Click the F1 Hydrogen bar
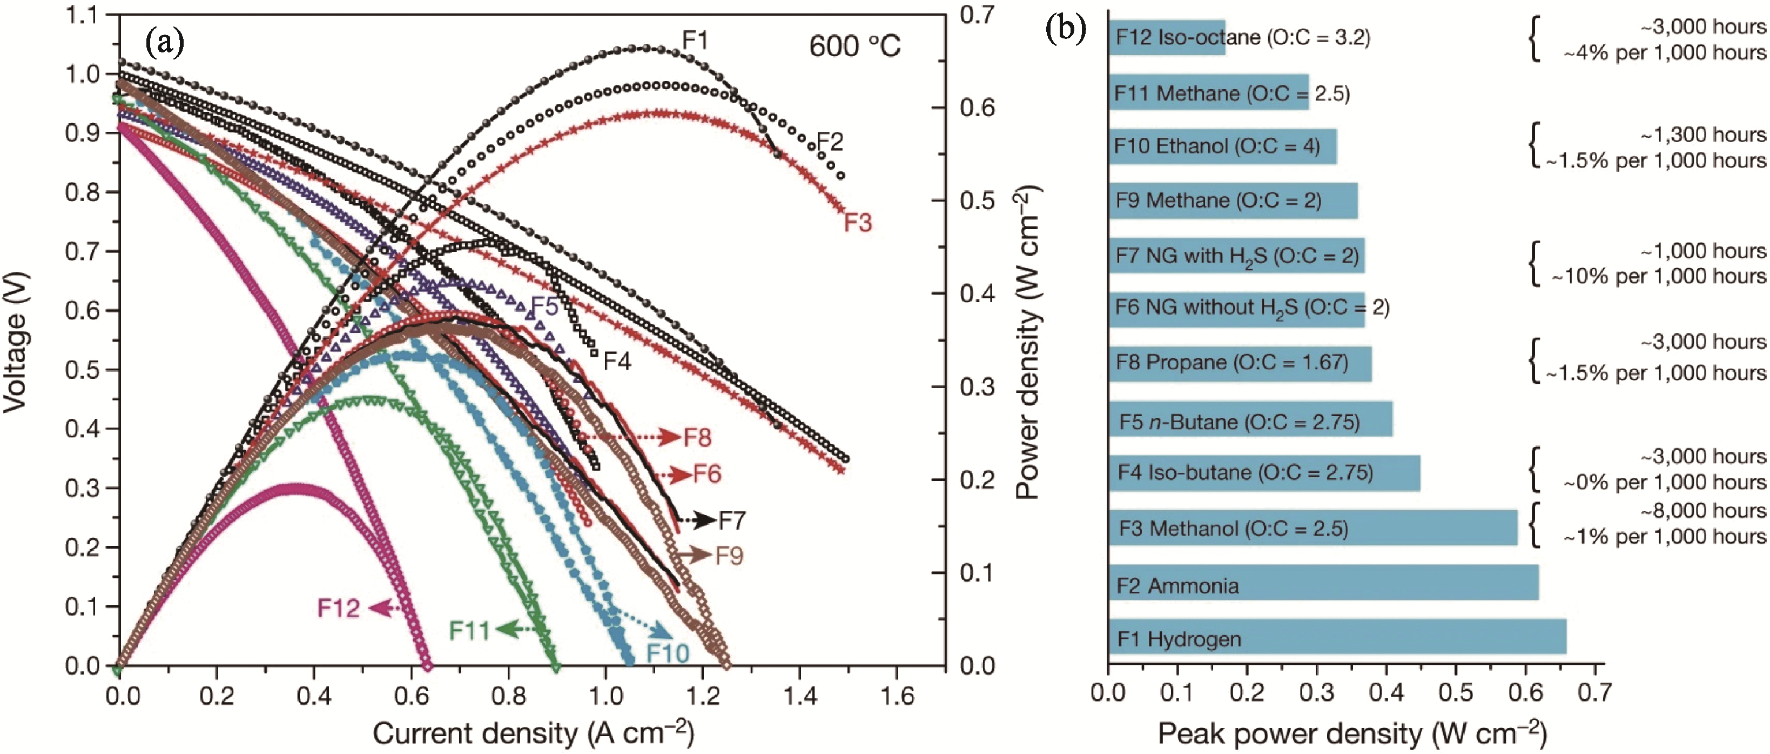[1336, 637]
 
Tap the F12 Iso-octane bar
[1166, 37]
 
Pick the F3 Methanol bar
[1313, 527]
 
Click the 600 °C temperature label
[854, 46]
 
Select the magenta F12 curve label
[338, 608]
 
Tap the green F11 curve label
[469, 630]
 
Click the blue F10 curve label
[667, 653]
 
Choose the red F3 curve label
[858, 223]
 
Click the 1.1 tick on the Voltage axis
[81, 15]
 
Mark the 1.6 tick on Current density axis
[897, 696]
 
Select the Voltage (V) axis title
[15, 342]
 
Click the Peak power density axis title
[1351, 733]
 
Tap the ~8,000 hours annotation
[1702, 511]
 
